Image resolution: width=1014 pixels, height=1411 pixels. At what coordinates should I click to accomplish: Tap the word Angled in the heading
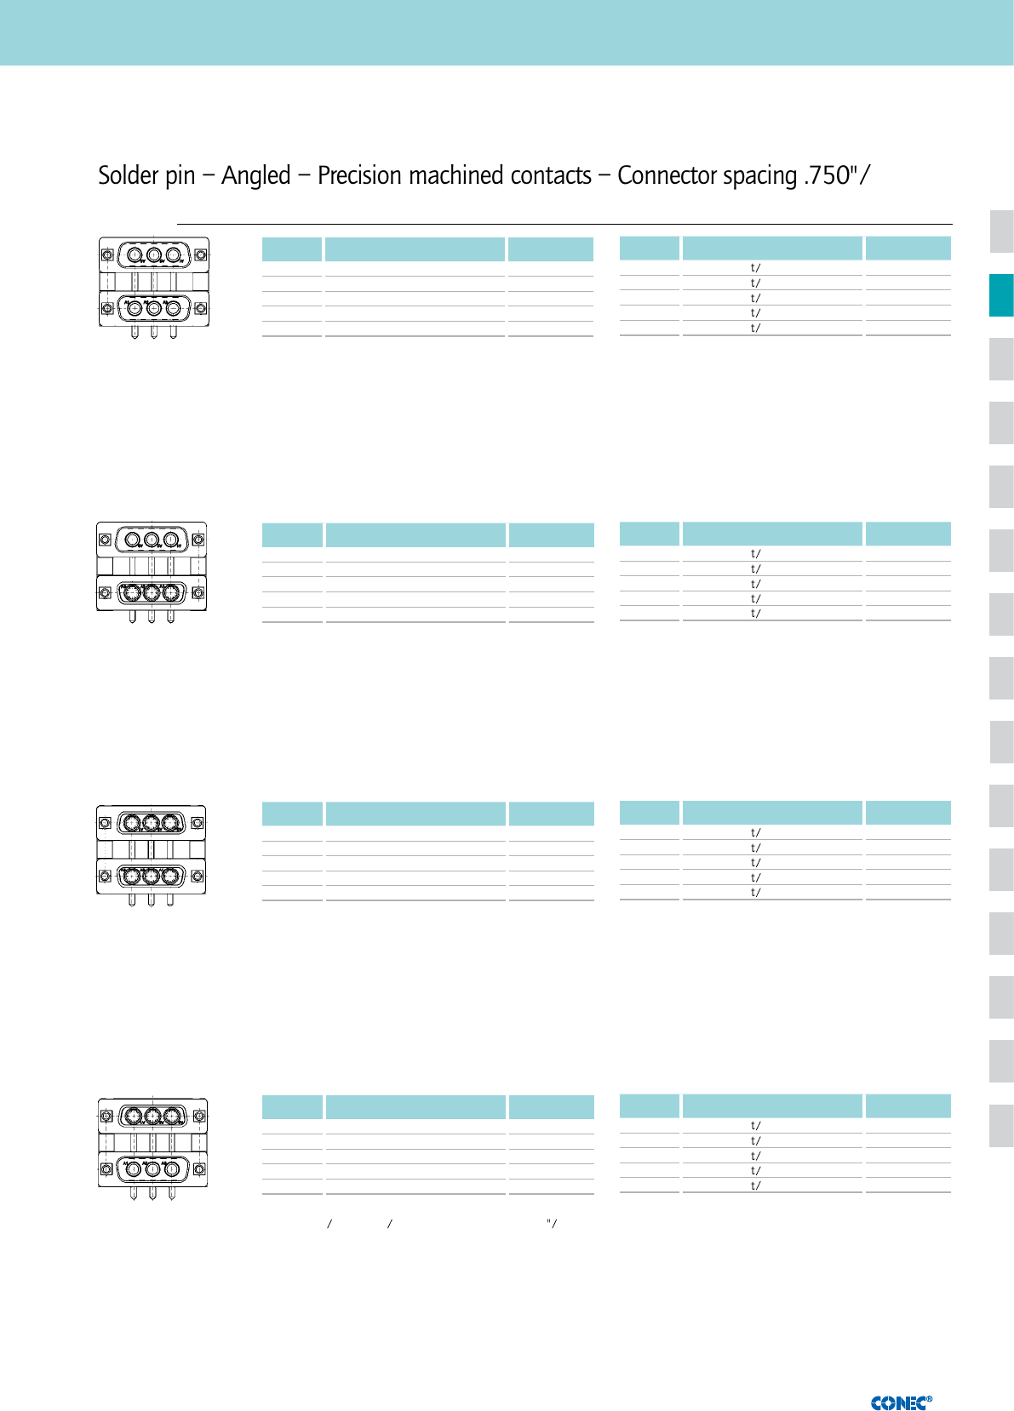click(256, 175)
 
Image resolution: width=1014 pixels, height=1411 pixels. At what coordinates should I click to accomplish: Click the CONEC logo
click(901, 1402)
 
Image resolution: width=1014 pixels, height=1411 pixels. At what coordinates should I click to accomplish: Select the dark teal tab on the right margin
click(1001, 295)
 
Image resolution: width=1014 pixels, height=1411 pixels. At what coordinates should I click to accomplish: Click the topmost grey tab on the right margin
click(1001, 231)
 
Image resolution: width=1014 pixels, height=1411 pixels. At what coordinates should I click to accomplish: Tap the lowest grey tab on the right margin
click(1001, 1125)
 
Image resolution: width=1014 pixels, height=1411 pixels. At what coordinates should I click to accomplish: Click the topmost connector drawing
click(154, 288)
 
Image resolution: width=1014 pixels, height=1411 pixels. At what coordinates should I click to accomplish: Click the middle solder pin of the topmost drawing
click(154, 333)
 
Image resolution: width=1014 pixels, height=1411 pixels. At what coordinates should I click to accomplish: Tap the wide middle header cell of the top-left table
click(415, 249)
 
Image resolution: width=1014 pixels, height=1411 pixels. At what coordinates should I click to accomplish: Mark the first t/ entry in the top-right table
click(755, 268)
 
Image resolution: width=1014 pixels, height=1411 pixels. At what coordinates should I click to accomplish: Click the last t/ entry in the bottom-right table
click(755, 1185)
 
